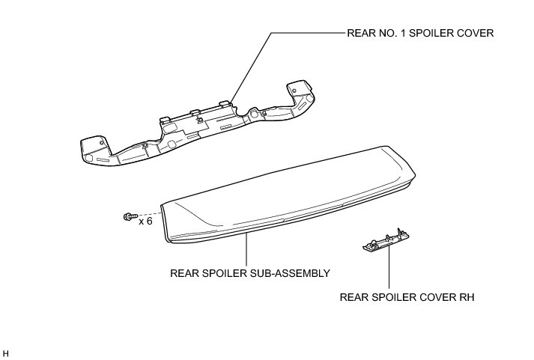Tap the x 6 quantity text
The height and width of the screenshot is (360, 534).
146,222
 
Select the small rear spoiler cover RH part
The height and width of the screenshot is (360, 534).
384,239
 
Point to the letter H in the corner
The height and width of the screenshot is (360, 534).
6,352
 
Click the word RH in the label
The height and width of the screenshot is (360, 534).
468,297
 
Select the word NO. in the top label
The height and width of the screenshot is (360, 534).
381,33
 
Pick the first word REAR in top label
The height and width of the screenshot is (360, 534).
358,33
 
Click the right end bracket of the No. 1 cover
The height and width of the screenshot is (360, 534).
303,97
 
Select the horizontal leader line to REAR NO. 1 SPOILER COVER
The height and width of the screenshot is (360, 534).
307,33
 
